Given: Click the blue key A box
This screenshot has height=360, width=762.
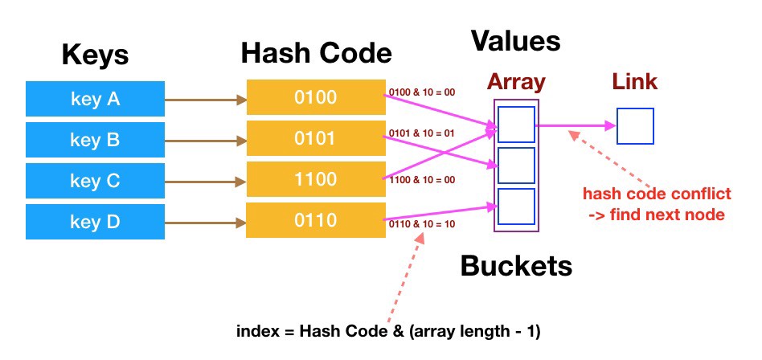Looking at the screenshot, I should click(x=94, y=100).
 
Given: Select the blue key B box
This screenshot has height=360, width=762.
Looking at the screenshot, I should click(x=94, y=141).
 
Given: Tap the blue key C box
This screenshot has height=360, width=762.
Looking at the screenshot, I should click(x=94, y=181).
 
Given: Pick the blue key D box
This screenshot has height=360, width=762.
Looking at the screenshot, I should click(x=94, y=221).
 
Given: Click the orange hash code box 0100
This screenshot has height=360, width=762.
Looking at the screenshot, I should click(x=315, y=98).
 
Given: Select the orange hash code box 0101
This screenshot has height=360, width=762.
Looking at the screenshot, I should click(x=315, y=138).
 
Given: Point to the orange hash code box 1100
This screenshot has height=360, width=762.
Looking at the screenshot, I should click(x=315, y=178).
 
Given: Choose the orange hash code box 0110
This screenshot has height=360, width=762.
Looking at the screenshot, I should click(x=315, y=219).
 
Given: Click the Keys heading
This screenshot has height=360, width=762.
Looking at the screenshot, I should click(x=94, y=56).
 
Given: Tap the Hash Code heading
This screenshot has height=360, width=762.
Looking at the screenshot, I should click(x=316, y=54).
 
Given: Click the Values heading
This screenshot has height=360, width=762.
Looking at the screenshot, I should click(x=514, y=40).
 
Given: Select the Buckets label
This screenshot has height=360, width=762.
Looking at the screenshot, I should click(x=515, y=267).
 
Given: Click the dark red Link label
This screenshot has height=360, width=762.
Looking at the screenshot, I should click(x=635, y=82).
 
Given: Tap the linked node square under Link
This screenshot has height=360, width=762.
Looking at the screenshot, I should click(x=635, y=126).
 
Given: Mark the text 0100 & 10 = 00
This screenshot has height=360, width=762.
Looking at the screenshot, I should click(x=422, y=92).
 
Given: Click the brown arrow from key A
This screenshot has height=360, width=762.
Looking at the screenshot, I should click(x=205, y=100).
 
